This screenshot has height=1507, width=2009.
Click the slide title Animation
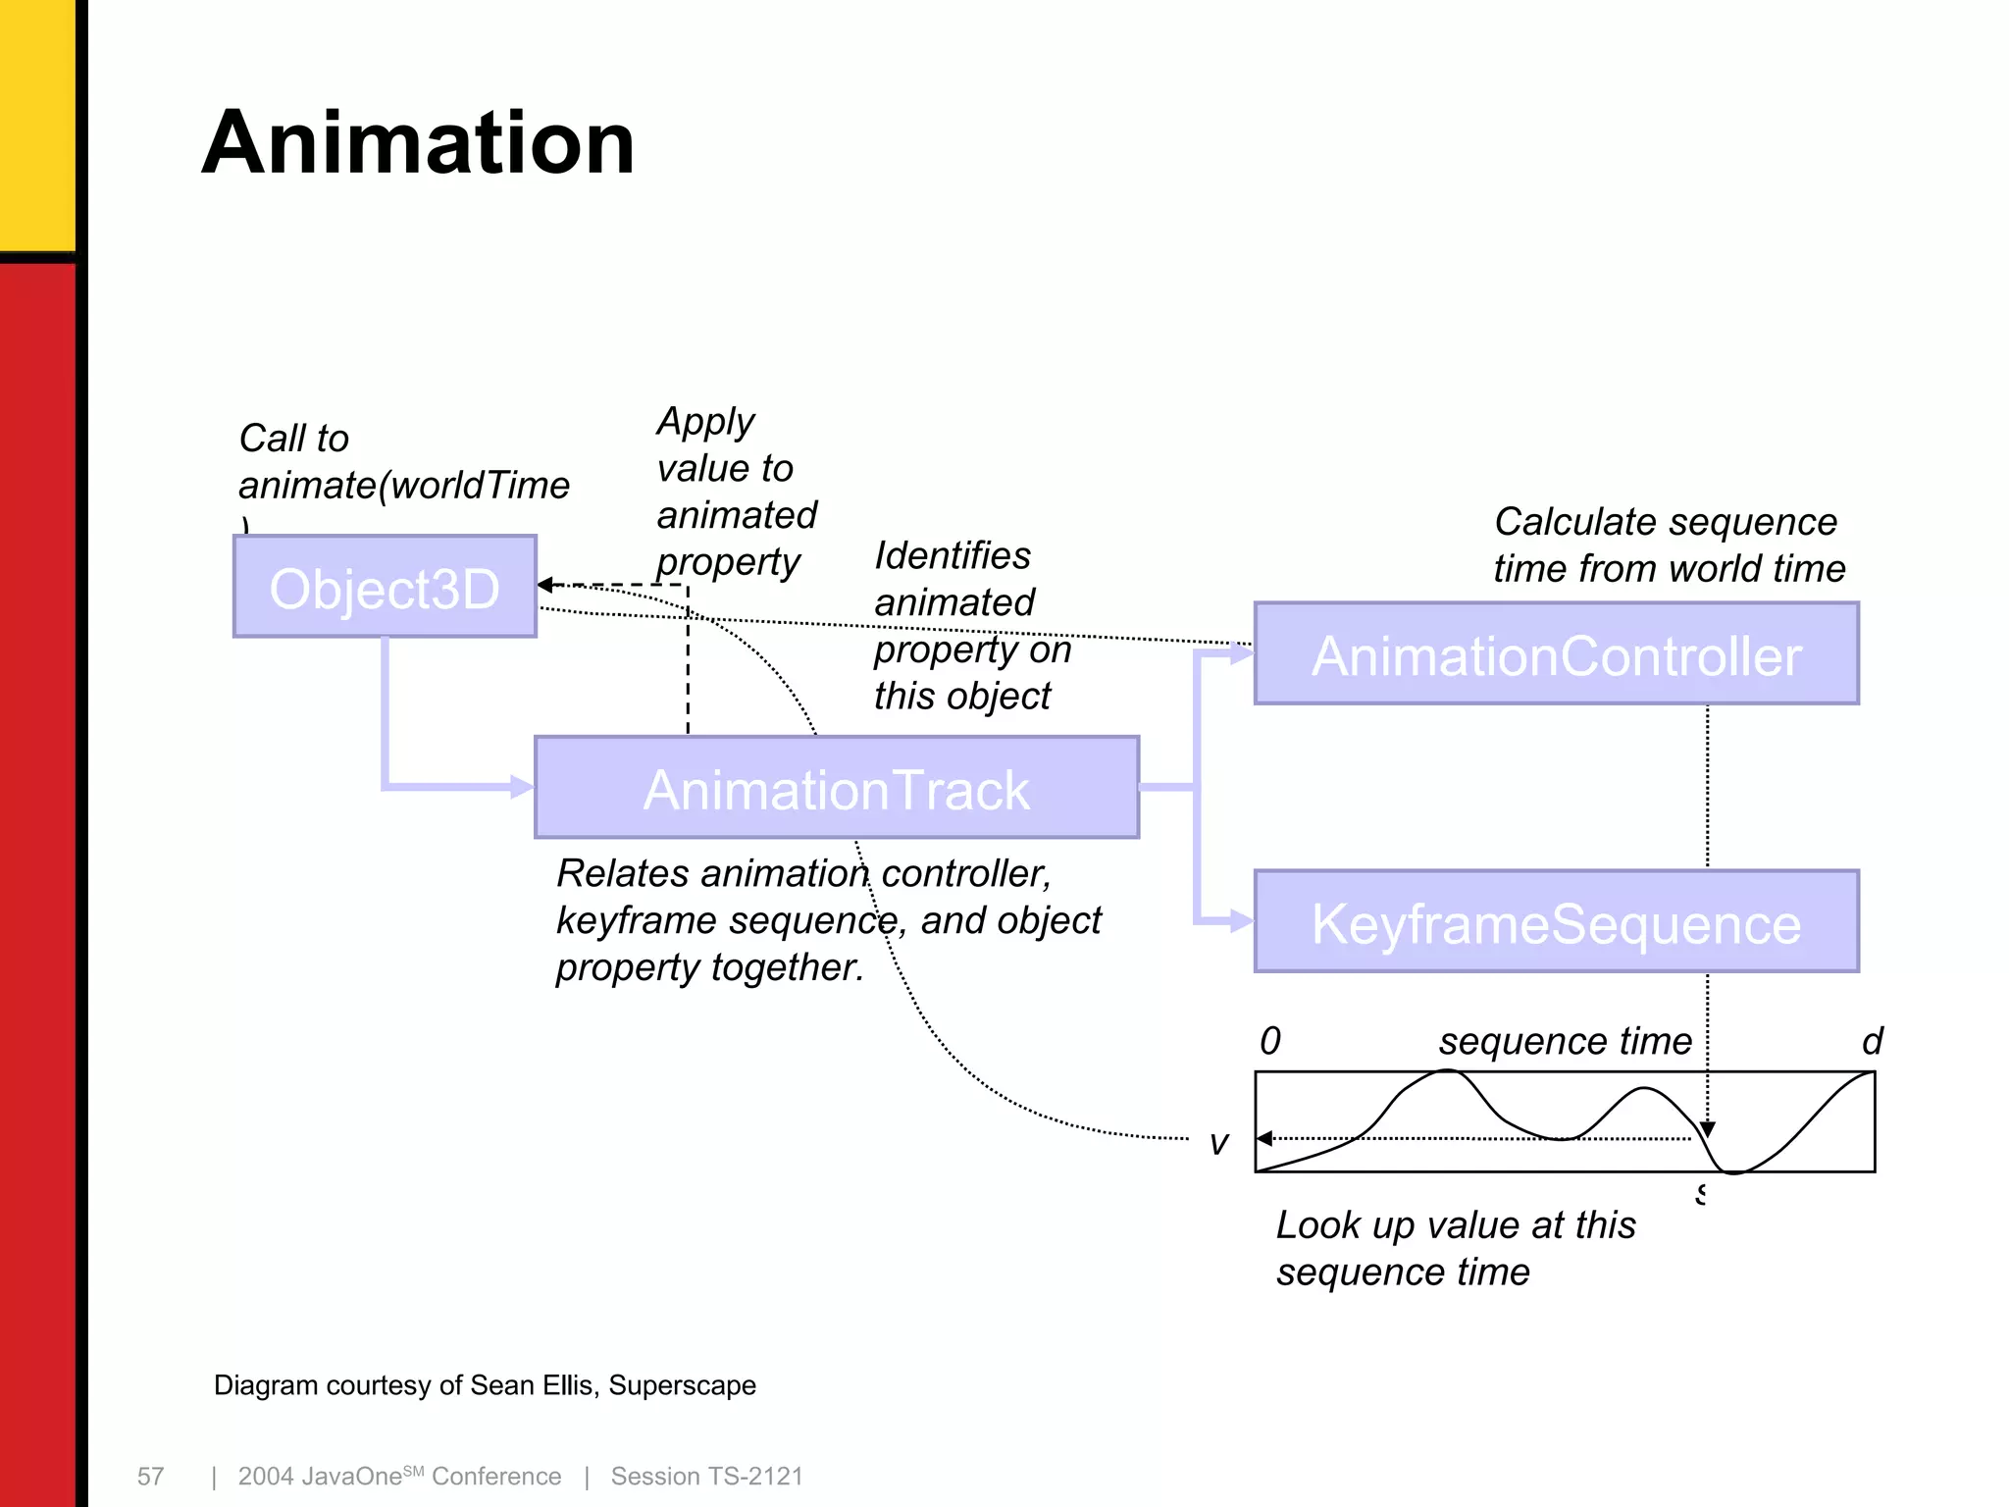coord(419,143)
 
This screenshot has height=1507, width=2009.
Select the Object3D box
coord(385,588)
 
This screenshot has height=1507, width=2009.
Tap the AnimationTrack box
coord(836,788)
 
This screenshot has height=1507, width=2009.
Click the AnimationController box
coord(1556,654)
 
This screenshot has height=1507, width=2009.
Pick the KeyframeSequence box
coord(1556,922)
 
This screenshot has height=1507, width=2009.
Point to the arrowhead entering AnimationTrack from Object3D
coord(523,787)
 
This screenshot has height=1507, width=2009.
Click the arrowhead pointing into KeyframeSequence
coord(1242,921)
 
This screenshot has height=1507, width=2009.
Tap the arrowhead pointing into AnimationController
coord(1242,653)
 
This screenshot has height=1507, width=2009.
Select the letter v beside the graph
coord(1218,1143)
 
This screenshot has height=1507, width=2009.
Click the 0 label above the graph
coord(1270,1041)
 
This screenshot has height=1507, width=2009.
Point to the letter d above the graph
coord(1872,1041)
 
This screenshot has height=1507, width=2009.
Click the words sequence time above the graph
coord(1566,1041)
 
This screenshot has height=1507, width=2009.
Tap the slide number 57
coord(150,1477)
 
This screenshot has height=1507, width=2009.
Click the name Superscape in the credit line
coord(682,1385)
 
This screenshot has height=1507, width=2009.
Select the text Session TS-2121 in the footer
coord(706,1477)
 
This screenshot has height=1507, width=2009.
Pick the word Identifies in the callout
coord(953,555)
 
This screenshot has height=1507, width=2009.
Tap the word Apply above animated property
coord(705,423)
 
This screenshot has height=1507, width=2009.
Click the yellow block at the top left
coord(37,123)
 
